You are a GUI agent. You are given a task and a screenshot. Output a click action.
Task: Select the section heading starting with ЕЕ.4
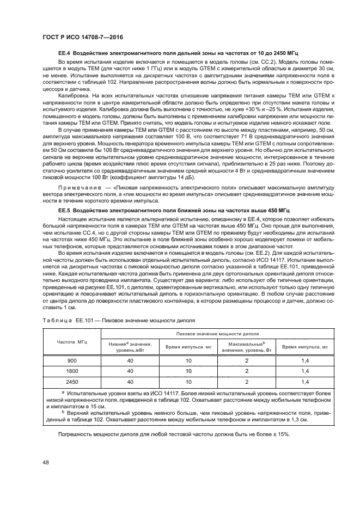178,56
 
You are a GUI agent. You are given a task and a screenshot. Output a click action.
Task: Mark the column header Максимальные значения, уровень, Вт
246,347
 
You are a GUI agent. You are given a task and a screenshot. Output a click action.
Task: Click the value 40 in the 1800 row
131,371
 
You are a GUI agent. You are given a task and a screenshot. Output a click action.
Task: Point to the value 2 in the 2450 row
246,382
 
